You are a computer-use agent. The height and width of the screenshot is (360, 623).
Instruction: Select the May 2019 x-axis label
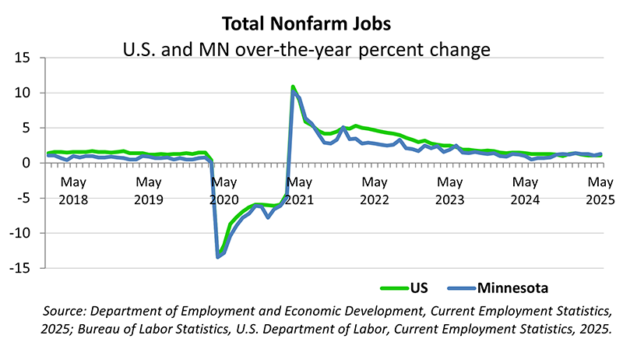148,191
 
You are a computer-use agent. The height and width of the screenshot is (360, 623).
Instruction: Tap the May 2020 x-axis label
224,191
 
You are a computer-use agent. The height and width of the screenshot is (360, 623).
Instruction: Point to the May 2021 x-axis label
298,191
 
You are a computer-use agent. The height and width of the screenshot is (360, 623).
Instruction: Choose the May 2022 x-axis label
375,191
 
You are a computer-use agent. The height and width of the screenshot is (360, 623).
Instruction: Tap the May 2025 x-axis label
599,191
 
